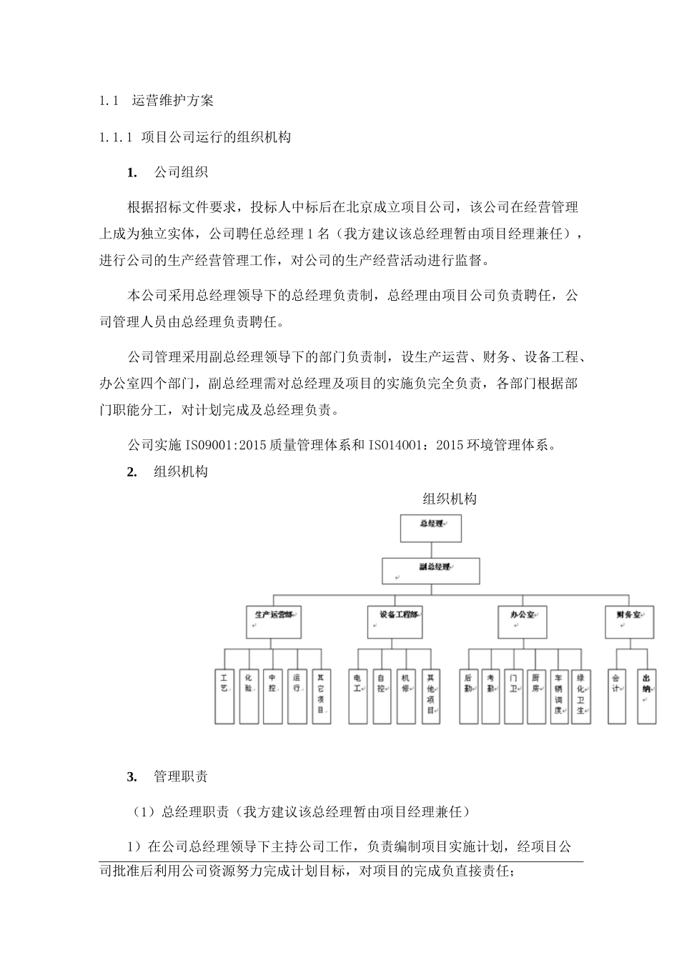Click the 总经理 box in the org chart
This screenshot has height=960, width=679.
click(430, 528)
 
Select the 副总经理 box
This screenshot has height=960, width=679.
click(431, 571)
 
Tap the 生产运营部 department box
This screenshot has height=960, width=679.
click(273, 621)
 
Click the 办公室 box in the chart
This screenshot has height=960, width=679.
click(522, 621)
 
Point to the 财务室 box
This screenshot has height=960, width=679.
click(629, 621)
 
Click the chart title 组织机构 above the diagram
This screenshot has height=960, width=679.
click(449, 499)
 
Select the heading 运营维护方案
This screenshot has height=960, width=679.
click(173, 101)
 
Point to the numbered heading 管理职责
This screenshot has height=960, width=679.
click(180, 776)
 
